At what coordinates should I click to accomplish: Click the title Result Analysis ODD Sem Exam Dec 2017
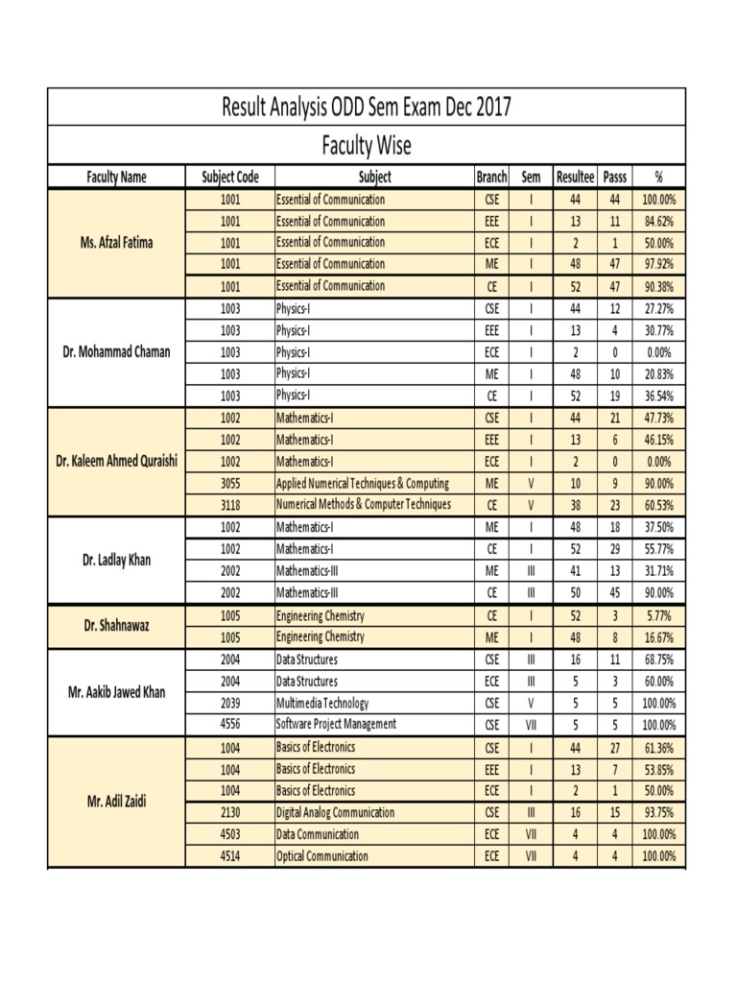[367, 107]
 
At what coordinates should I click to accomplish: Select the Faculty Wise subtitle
[366, 146]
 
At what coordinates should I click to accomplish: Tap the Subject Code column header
[230, 177]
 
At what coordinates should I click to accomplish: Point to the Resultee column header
[576, 177]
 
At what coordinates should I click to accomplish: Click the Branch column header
[491, 177]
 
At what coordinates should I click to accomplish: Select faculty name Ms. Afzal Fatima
[116, 243]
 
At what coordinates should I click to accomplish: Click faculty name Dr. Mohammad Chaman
[116, 351]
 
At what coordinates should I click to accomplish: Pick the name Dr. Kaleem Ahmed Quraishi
[116, 461]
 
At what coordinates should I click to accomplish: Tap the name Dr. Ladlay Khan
[116, 560]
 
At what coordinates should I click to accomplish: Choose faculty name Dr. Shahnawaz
[116, 625]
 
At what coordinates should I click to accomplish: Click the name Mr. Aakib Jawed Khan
[116, 691]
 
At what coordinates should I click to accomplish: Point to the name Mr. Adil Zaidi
[116, 801]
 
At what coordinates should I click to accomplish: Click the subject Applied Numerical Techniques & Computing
[362, 483]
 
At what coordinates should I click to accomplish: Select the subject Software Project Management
[336, 724]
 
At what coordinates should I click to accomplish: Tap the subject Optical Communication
[321, 855]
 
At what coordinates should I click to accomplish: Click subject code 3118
[230, 504]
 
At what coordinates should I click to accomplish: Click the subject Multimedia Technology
[321, 703]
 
